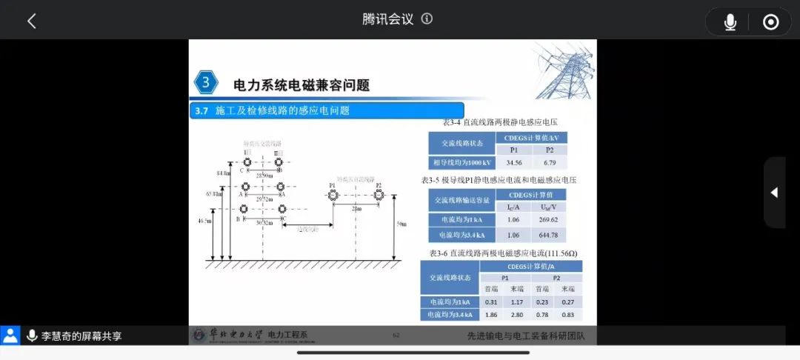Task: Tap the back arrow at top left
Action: [x=31, y=21]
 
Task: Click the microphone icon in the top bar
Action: [x=730, y=22]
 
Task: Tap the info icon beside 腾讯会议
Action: [x=427, y=19]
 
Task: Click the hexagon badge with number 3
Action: [x=206, y=82]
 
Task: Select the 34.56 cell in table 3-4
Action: [x=513, y=162]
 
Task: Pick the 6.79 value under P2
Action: [x=549, y=162]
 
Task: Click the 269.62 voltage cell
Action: [x=549, y=219]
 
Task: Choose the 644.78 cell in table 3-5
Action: [x=549, y=236]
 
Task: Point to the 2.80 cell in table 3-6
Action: [x=516, y=315]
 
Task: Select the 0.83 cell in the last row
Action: [x=567, y=315]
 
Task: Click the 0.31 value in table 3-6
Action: [x=491, y=301]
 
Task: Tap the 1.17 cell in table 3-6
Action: [x=516, y=301]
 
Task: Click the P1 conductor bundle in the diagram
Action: [x=333, y=195]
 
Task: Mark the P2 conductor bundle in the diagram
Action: [x=379, y=194]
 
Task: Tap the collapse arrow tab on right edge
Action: [x=774, y=193]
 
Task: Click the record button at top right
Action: [x=770, y=22]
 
